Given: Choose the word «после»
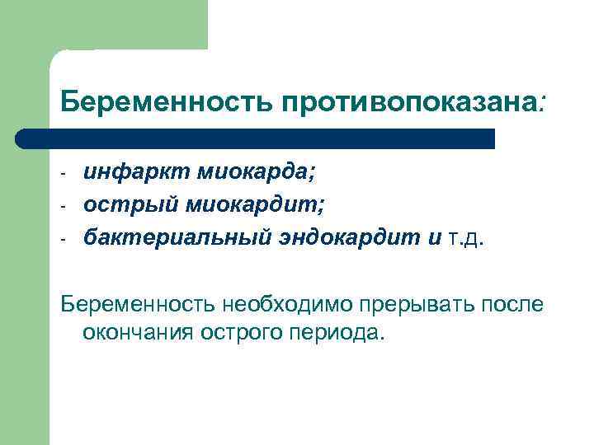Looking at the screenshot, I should [x=516, y=304].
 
